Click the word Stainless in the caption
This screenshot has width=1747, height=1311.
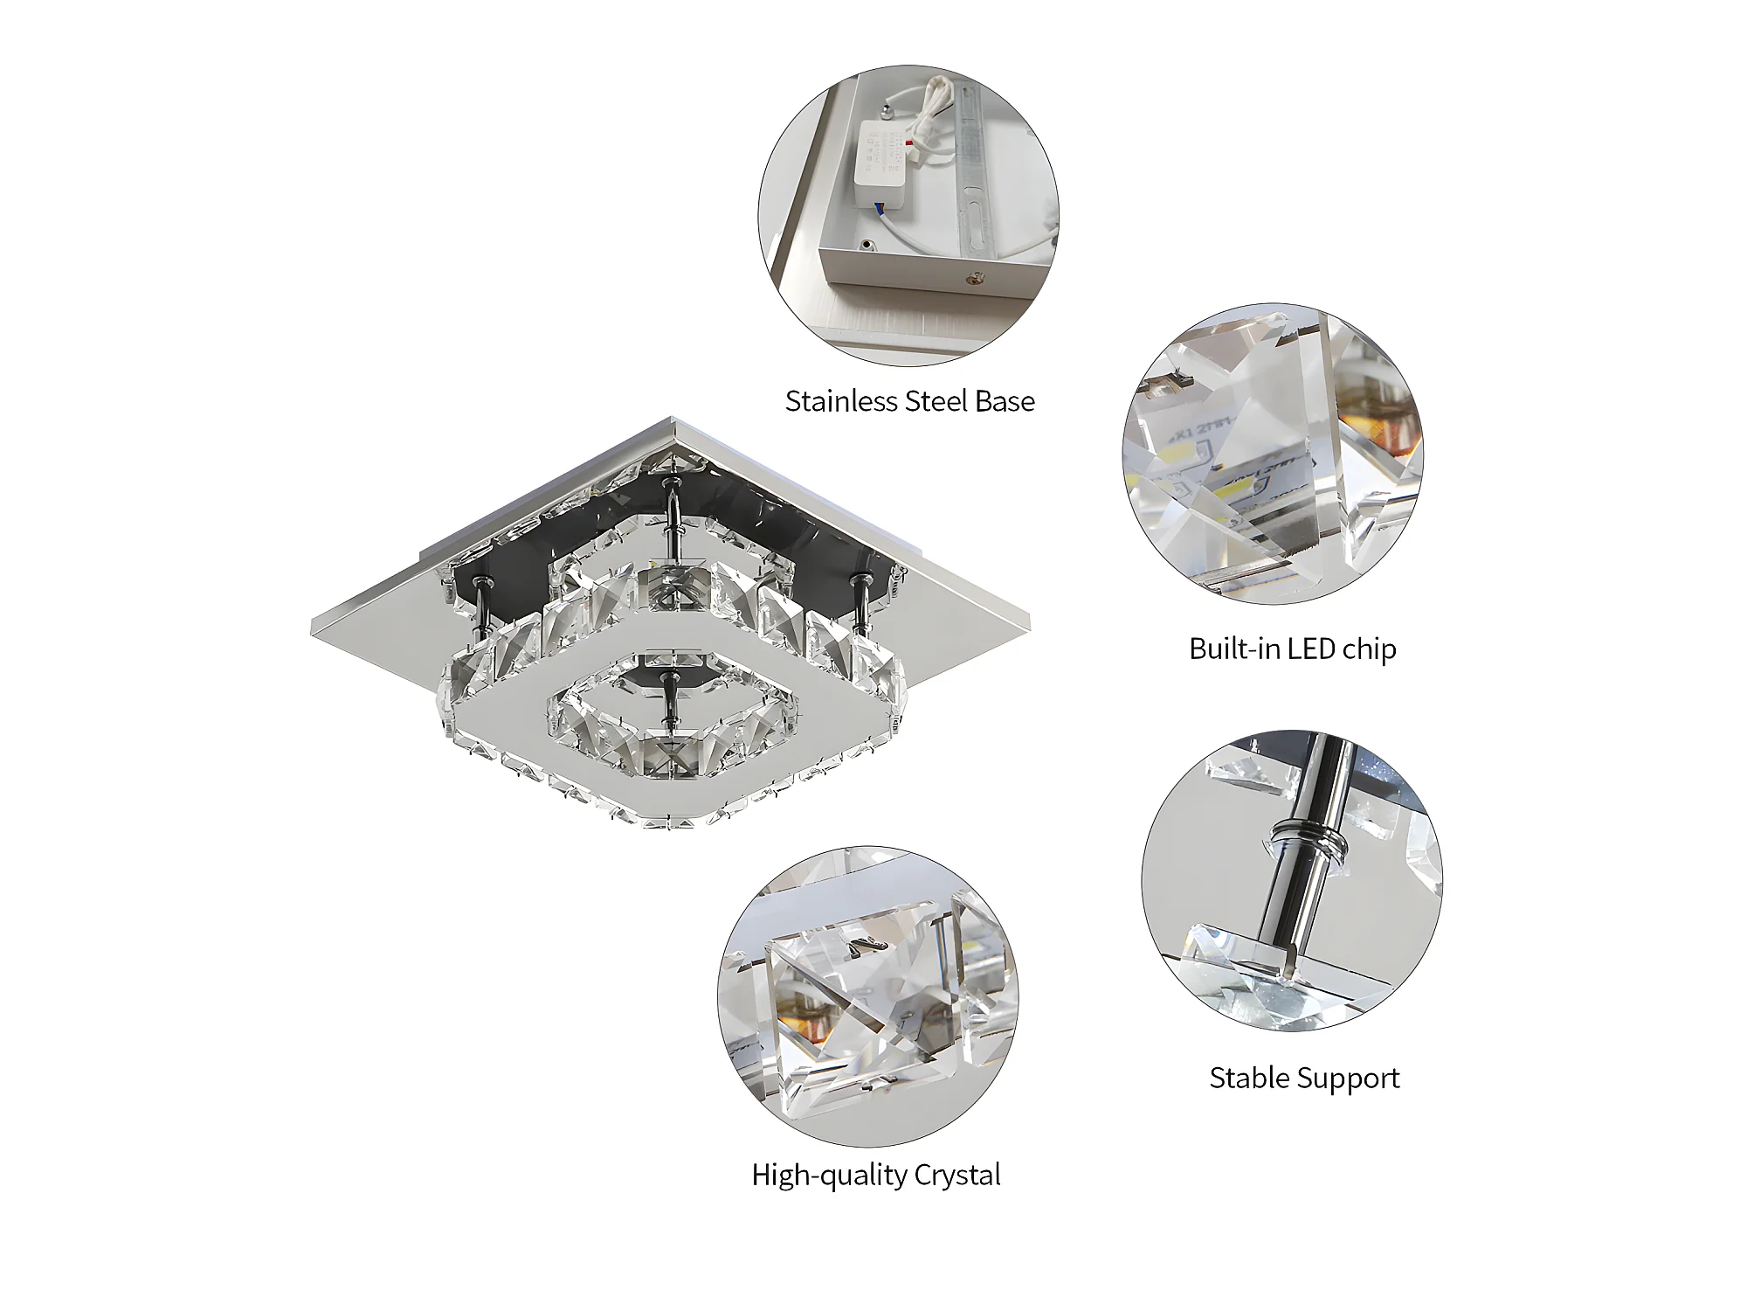coord(841,401)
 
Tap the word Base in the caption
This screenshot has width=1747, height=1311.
coord(1005,401)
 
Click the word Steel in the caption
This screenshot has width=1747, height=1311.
coord(937,401)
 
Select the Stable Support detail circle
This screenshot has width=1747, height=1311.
coord(1292,880)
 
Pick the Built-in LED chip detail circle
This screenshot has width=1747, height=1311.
coord(1274,454)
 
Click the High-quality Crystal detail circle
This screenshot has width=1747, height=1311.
coord(868,996)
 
